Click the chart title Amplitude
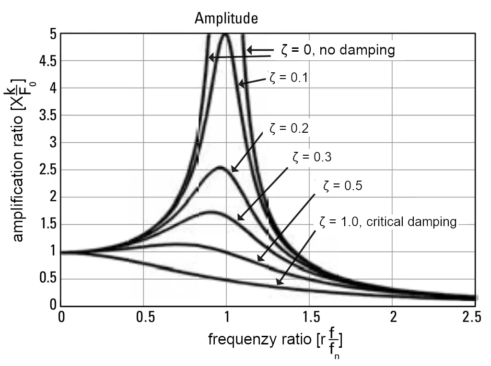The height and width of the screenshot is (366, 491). [226, 19]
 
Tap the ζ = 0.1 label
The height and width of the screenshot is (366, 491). [287, 78]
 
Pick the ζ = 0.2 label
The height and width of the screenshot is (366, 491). [289, 128]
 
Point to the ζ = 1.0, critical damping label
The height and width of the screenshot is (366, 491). [386, 222]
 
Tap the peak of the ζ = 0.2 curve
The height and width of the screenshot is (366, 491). [220, 167]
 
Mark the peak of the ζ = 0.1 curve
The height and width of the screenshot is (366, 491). [225, 34]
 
